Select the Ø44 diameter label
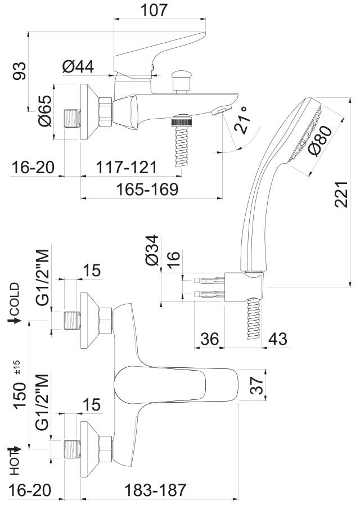(x=78, y=67)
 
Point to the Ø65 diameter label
(x=44, y=111)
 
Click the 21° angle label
(x=242, y=120)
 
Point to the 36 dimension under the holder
(x=209, y=339)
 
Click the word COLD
(x=14, y=299)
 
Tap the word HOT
(x=14, y=460)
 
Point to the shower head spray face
(x=305, y=133)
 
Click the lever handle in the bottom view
(x=169, y=385)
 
